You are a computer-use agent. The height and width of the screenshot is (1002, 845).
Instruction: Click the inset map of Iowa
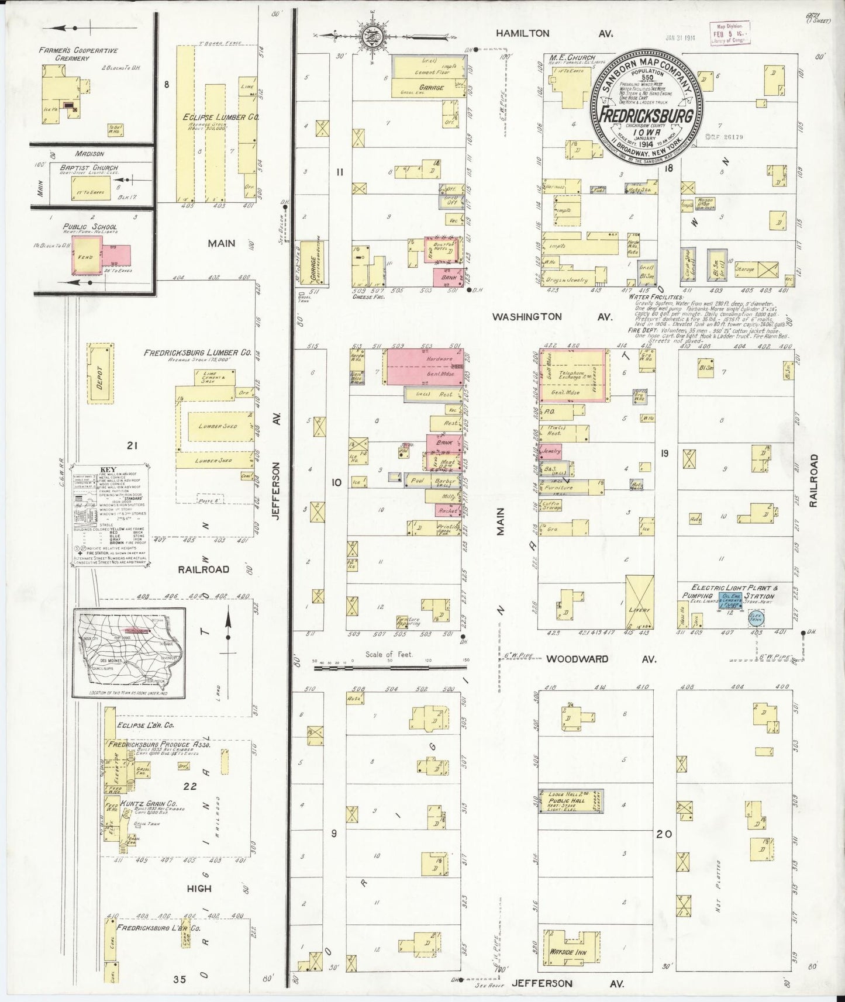click(x=129, y=652)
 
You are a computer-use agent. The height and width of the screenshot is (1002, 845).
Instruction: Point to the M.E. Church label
click(x=572, y=58)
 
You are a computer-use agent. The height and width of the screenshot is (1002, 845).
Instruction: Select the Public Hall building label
click(x=566, y=801)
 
